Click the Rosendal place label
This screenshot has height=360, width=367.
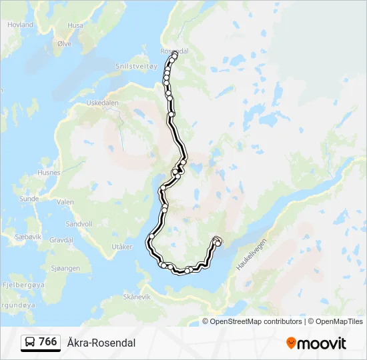click(x=175, y=51)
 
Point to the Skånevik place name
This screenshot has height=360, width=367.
click(x=137, y=297)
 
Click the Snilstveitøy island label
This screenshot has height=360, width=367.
click(x=136, y=66)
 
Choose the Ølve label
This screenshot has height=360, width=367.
click(x=64, y=43)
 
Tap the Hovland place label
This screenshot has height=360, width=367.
click(x=20, y=25)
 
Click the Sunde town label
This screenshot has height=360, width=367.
click(x=29, y=199)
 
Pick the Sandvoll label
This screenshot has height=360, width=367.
click(x=79, y=224)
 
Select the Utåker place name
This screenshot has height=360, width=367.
click(x=123, y=247)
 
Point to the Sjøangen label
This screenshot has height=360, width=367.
click(x=65, y=268)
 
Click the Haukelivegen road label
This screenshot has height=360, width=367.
click(x=251, y=254)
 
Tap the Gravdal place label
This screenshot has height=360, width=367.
click(x=61, y=239)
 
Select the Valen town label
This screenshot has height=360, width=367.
click(x=65, y=202)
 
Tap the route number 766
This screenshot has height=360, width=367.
click(x=48, y=342)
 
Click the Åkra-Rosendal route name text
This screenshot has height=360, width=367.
click(x=101, y=343)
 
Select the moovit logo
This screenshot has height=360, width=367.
click(x=316, y=343)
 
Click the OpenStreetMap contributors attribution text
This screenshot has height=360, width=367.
click(x=256, y=321)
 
